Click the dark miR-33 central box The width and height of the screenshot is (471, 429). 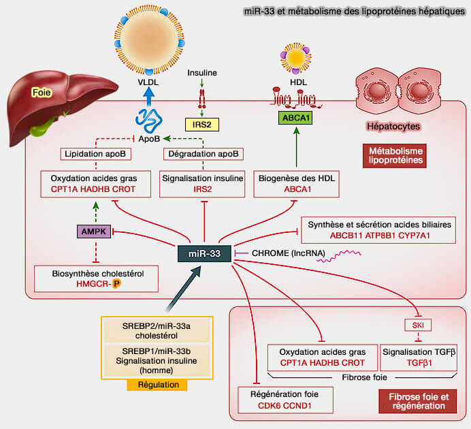(x=204, y=254)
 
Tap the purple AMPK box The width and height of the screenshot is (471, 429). (x=93, y=232)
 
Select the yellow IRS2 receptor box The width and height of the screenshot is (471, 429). (x=202, y=124)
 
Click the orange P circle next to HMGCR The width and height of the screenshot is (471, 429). (x=117, y=284)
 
